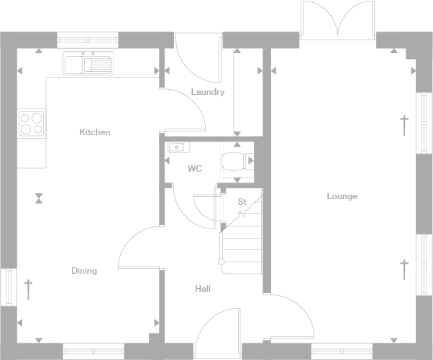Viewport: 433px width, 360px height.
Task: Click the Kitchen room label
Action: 94,132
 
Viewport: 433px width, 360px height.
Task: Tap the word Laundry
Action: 207,92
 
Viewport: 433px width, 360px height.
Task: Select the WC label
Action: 194,169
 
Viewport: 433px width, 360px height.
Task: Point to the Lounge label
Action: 342,196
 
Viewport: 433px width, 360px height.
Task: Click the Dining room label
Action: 83,271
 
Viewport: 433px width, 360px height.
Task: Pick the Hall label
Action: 202,289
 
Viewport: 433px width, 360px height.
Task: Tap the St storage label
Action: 242,202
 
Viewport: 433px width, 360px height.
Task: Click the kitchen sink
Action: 88,64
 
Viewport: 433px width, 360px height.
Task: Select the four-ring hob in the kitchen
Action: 31,124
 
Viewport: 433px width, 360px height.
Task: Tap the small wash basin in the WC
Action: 177,148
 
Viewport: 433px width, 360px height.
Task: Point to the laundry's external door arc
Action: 193,57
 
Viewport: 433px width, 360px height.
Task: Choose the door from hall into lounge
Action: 291,316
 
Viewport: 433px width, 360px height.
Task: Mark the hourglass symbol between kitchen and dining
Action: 38,197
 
